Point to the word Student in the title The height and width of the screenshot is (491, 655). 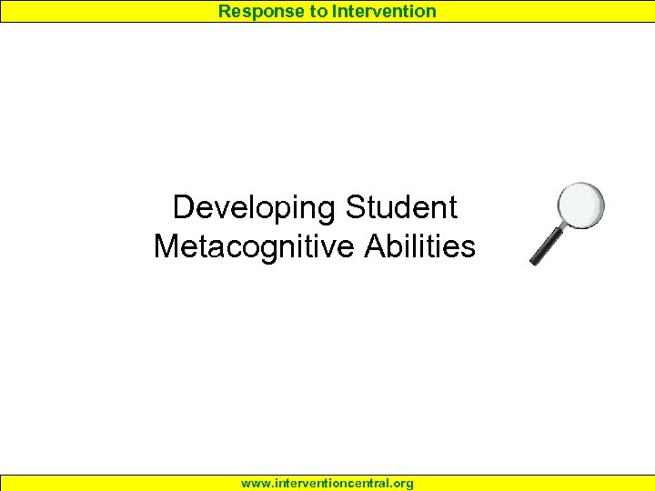(x=400, y=207)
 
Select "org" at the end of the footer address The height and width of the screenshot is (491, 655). (x=402, y=484)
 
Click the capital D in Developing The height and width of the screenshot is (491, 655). (x=183, y=207)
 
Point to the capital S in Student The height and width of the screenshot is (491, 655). (x=355, y=207)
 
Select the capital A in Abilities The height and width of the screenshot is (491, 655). (x=375, y=246)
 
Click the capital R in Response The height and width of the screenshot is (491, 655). (x=225, y=11)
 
